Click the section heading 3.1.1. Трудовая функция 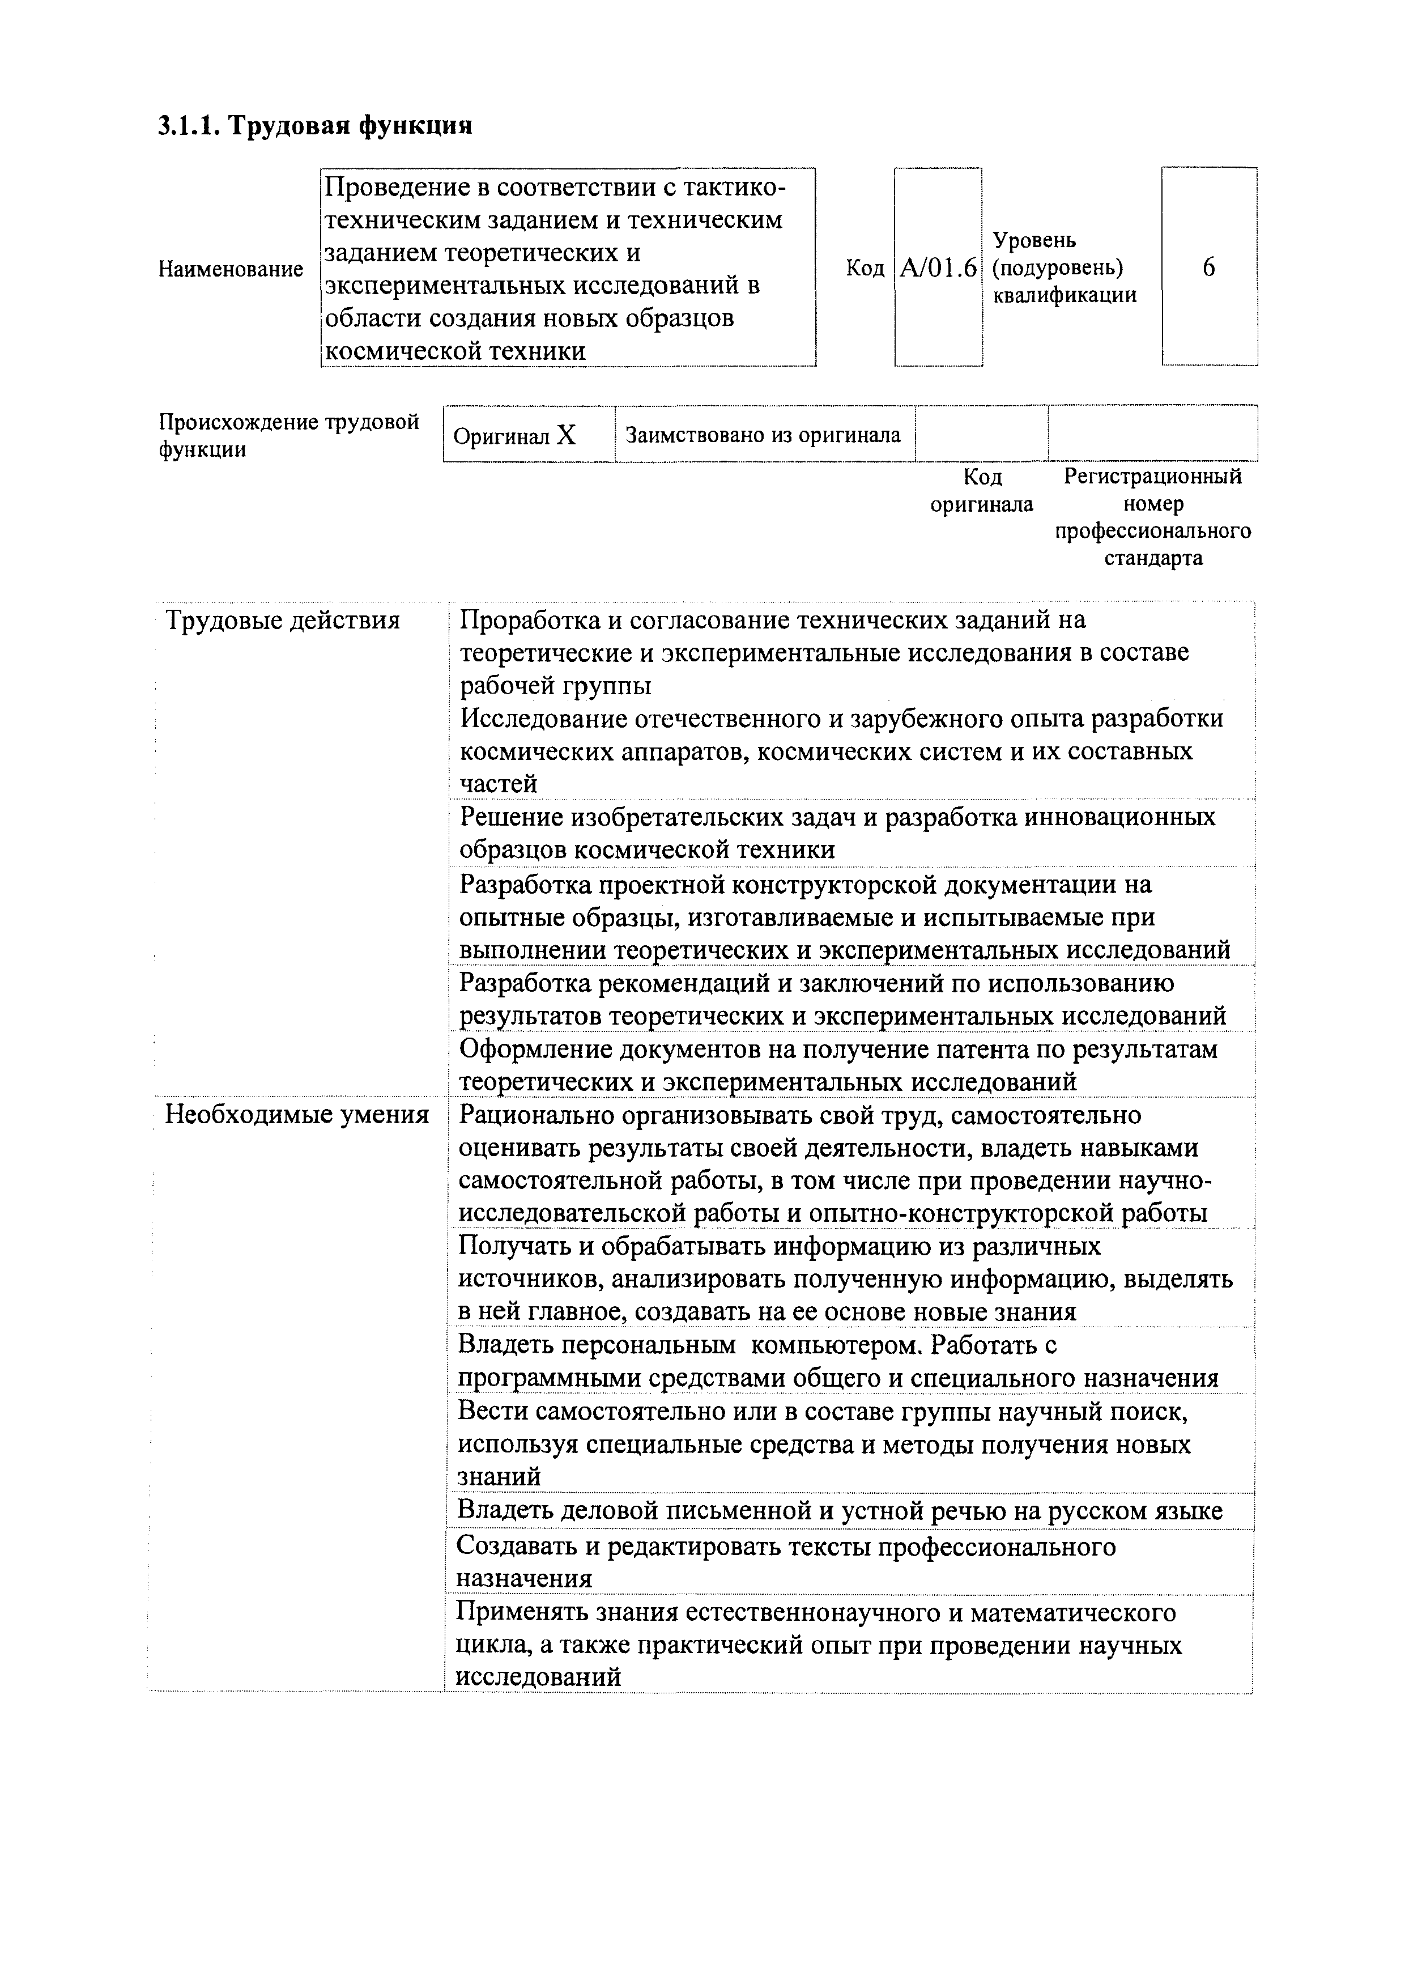point(315,126)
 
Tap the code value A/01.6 point(938,269)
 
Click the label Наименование point(230,269)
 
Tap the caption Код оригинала point(982,491)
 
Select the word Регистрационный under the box point(1152,476)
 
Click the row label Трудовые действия point(282,621)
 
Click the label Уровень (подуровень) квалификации point(1064,267)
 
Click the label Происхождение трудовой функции point(288,436)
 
